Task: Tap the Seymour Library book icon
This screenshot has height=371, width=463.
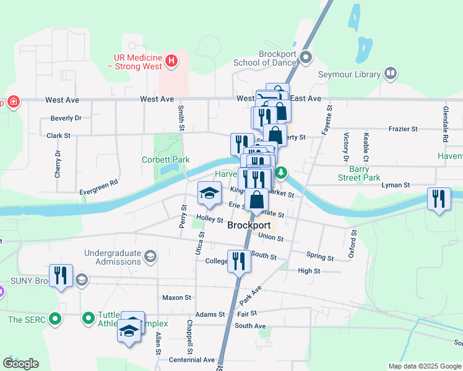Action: pos(391,74)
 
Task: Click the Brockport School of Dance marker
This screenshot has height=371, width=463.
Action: pos(305,59)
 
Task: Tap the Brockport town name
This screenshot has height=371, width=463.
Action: pos(249,226)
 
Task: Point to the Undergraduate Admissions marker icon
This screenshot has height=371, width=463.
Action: pos(150,256)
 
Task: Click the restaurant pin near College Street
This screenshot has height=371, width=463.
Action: pos(238,261)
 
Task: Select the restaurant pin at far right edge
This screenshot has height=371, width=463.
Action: pos(439,200)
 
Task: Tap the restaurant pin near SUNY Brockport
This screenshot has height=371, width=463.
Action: pos(61,276)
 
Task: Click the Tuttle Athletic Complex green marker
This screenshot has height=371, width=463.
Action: pos(89,318)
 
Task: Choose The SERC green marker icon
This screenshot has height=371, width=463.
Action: pos(56,320)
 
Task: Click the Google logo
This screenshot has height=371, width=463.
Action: pos(20,364)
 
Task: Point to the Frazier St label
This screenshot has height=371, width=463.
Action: pos(404,129)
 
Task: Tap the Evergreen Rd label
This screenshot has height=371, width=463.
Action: pos(98,187)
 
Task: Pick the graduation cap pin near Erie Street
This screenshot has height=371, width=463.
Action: pos(209,195)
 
